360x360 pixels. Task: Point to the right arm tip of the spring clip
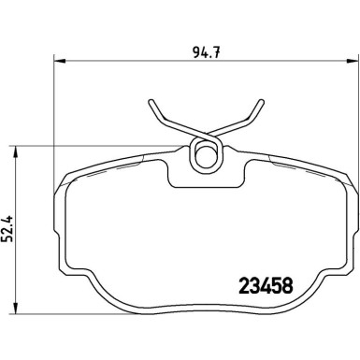(x=258, y=103)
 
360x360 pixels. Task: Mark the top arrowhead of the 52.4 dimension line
(x=18, y=150)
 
